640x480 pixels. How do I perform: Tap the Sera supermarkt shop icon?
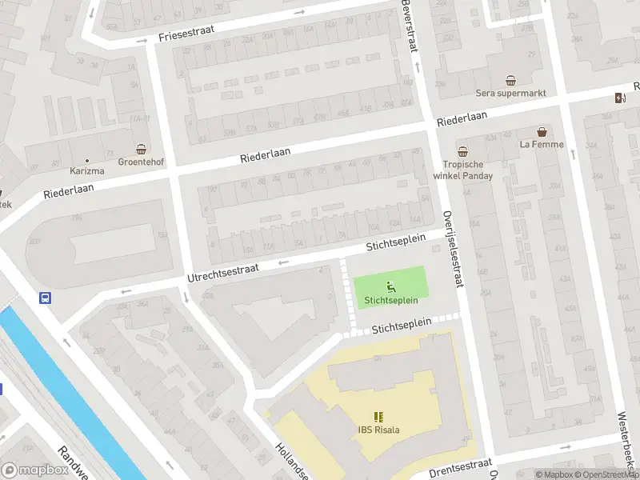(511, 80)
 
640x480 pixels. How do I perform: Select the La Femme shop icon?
(542, 132)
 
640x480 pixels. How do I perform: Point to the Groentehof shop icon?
(142, 149)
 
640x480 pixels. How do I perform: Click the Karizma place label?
(87, 170)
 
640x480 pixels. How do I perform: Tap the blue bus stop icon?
(45, 298)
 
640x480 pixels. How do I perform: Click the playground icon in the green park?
(391, 287)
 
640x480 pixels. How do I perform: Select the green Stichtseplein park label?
(391, 302)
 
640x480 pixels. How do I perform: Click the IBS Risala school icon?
(378, 417)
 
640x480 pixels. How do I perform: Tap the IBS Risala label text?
(378, 430)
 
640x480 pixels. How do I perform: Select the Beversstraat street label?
(409, 26)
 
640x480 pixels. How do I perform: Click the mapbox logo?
(34, 470)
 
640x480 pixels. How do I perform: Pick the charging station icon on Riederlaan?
(618, 98)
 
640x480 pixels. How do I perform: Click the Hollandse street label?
(291, 461)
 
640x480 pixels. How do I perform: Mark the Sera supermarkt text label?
(511, 94)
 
